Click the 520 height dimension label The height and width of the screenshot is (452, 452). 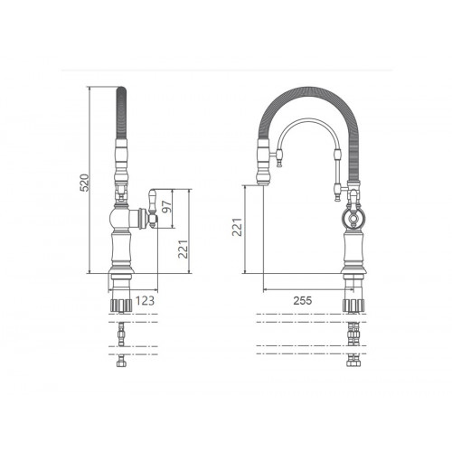pyautogui.click(x=85, y=183)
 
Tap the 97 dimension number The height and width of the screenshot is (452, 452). pyautogui.click(x=166, y=206)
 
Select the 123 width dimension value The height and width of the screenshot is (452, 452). pyautogui.click(x=145, y=300)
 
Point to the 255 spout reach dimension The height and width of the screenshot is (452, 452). pyautogui.click(x=303, y=300)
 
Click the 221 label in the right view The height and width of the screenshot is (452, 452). pyautogui.click(x=237, y=227)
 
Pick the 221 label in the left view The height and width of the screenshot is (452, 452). pyautogui.click(x=183, y=249)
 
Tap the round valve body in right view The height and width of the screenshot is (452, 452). pyautogui.click(x=353, y=217)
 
